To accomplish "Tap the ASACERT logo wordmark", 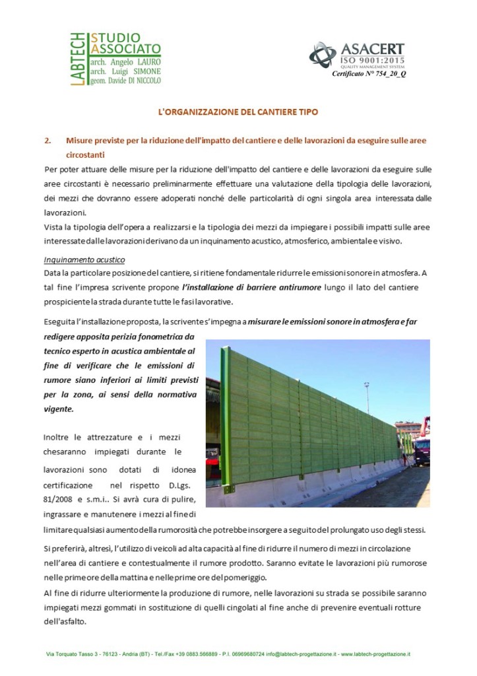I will pyautogui.click(x=373, y=49).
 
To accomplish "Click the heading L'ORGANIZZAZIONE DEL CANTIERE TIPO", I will pyautogui.click(x=238, y=112).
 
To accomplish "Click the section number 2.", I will pyautogui.click(x=47, y=140).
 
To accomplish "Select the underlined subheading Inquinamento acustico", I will pyautogui.click(x=84, y=259).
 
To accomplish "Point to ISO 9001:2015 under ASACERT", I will pyautogui.click(x=372, y=61).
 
